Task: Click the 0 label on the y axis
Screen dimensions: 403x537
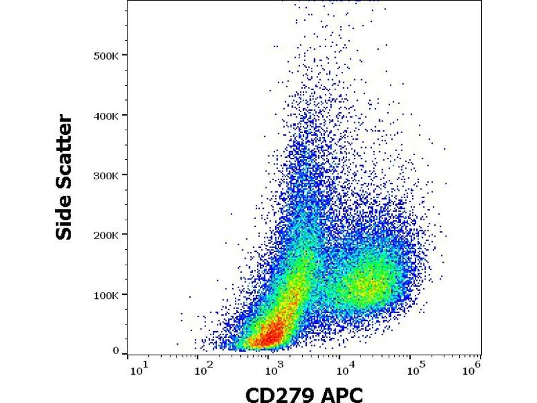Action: point(116,351)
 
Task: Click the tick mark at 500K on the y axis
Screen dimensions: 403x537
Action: point(126,55)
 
